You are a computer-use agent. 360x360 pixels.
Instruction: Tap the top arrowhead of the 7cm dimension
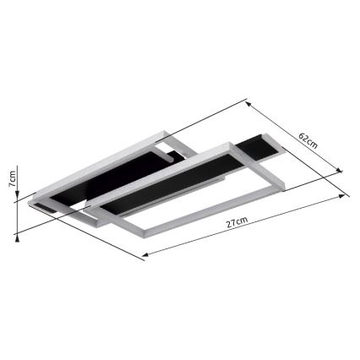click(18, 166)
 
